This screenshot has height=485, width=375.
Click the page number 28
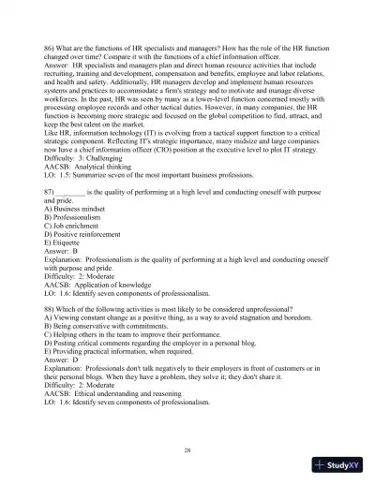pyautogui.click(x=187, y=451)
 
